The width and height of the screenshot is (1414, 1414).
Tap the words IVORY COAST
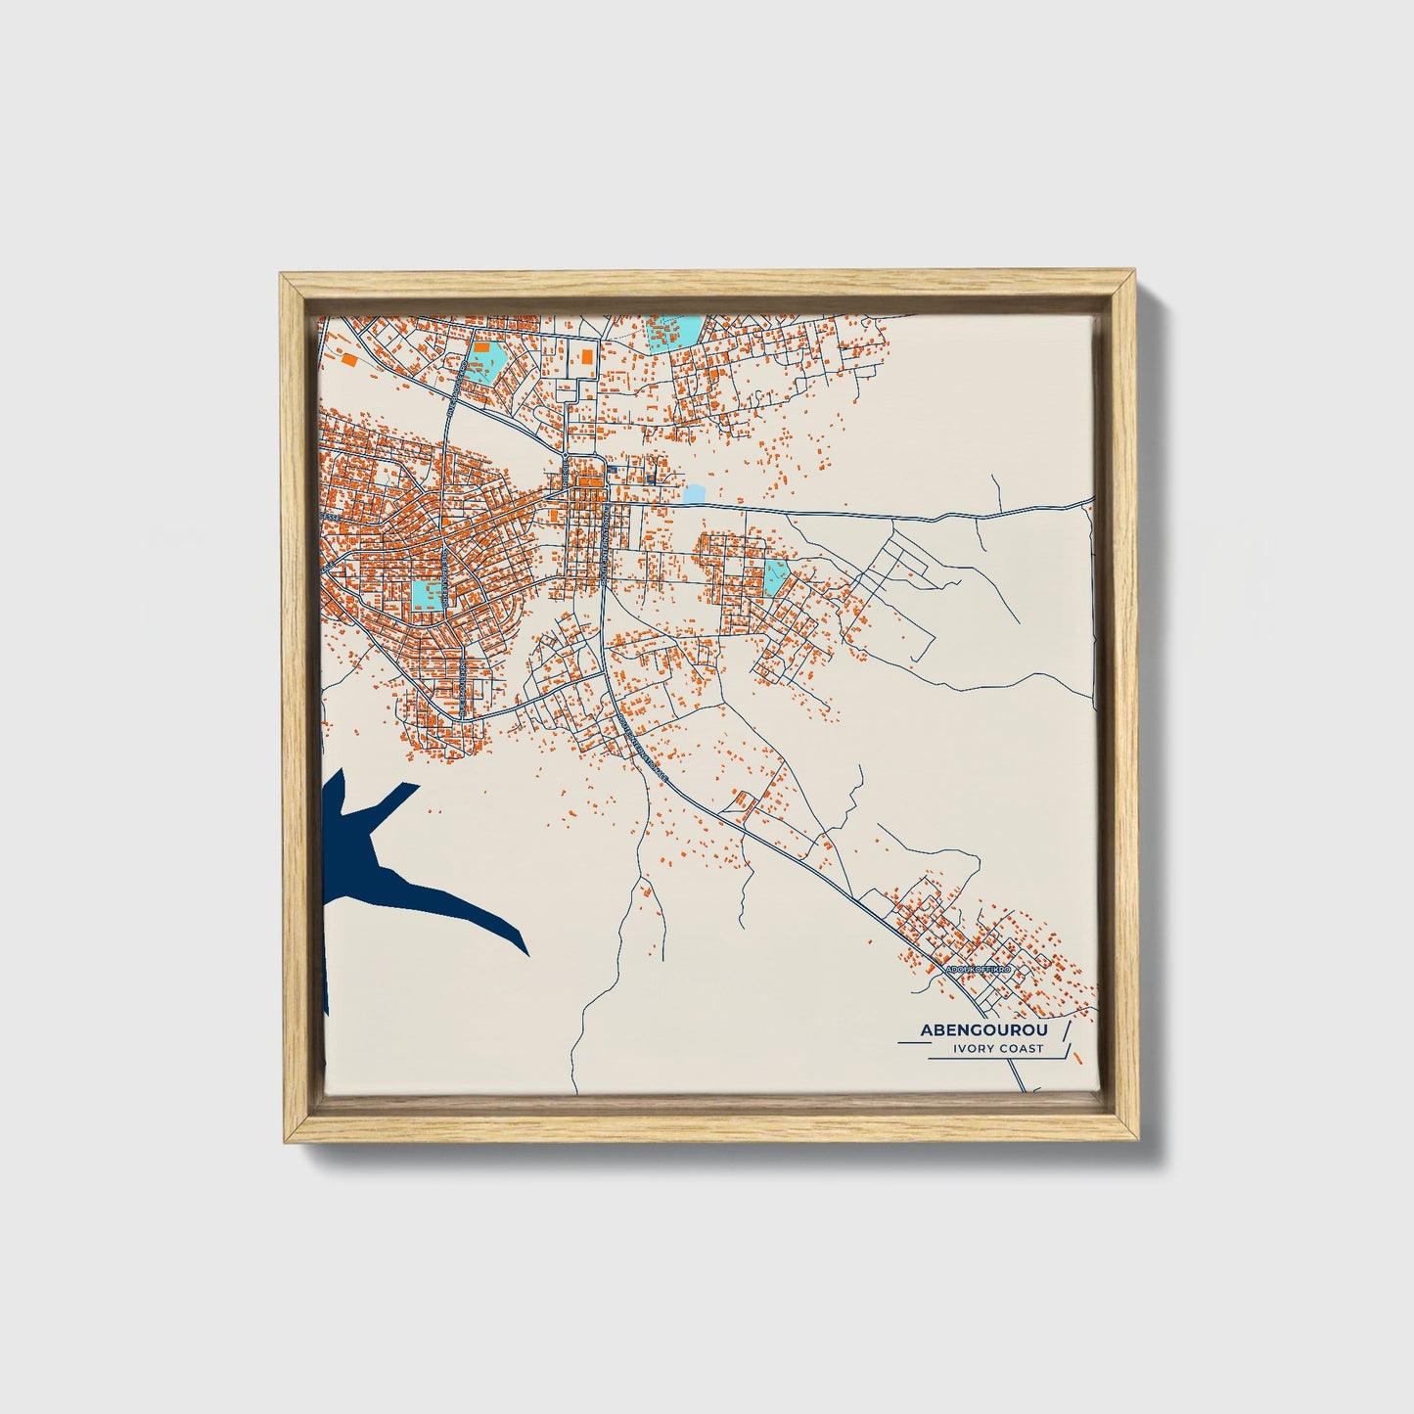point(997,1049)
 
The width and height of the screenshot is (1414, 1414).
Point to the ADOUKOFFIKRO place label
point(981,970)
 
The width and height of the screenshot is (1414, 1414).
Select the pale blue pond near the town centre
point(694,494)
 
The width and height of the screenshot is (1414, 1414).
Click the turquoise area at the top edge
point(673,333)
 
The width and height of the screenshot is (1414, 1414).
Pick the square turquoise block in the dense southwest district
point(427,594)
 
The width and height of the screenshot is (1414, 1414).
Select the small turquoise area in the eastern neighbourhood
point(776,576)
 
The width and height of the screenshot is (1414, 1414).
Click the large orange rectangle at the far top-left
point(348,359)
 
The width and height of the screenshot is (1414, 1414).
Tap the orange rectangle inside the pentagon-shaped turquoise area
point(481,345)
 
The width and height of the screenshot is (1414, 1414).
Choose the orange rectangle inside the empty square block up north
point(586,357)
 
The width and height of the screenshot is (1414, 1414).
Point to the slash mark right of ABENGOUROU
point(1066,1031)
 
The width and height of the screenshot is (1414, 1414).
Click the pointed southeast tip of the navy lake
point(527,953)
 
